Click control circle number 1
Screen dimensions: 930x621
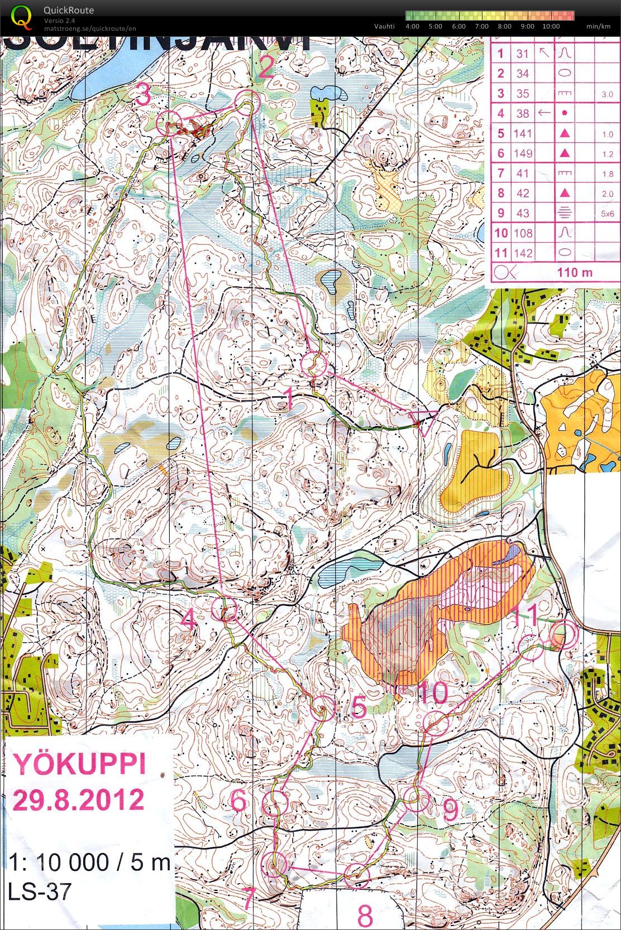coord(314,364)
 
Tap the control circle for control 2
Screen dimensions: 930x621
coord(247,104)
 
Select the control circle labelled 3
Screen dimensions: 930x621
coord(169,123)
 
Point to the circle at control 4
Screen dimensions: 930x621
coord(225,608)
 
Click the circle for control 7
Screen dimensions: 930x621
coord(274,864)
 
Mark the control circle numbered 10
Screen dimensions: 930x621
coord(436,724)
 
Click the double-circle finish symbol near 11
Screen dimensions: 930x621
coord(562,634)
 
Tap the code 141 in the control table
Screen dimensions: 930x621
coord(523,133)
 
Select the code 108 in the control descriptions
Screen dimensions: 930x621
coord(523,233)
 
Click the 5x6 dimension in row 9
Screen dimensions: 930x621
coord(608,214)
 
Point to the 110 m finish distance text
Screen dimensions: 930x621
coord(575,273)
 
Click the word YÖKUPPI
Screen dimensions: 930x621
coord(79,764)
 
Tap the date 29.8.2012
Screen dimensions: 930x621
coord(78,800)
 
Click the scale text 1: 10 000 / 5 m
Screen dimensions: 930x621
coord(89,862)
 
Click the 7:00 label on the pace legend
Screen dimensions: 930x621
coord(481,26)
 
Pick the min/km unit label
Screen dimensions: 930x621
coord(598,26)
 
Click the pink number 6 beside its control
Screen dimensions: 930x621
coord(238,801)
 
